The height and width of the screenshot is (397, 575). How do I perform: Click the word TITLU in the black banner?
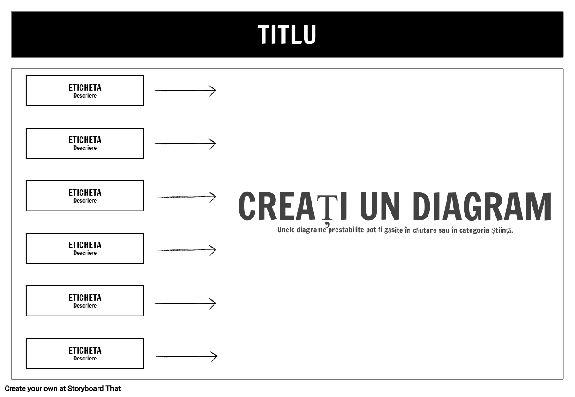[287, 34]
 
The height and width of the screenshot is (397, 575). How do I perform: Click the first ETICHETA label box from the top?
[85, 90]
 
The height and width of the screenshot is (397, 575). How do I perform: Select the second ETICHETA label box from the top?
[85, 143]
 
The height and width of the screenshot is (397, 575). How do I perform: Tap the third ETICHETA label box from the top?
[85, 196]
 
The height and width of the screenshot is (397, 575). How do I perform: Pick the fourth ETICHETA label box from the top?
[85, 248]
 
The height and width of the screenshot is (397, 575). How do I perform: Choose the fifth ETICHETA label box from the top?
[85, 301]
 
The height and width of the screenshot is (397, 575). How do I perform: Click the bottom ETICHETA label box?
[85, 354]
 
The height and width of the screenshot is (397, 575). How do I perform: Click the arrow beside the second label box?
[185, 143]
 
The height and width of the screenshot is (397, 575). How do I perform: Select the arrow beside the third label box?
[185, 197]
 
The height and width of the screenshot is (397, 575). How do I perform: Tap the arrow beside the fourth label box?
[185, 250]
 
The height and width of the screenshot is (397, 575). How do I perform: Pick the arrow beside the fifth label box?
[185, 303]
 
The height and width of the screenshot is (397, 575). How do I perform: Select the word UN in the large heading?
[380, 206]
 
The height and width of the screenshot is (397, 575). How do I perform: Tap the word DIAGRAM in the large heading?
[482, 206]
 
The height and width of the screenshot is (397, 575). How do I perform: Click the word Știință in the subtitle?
[502, 230]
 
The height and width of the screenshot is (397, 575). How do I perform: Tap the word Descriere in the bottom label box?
[85, 358]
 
